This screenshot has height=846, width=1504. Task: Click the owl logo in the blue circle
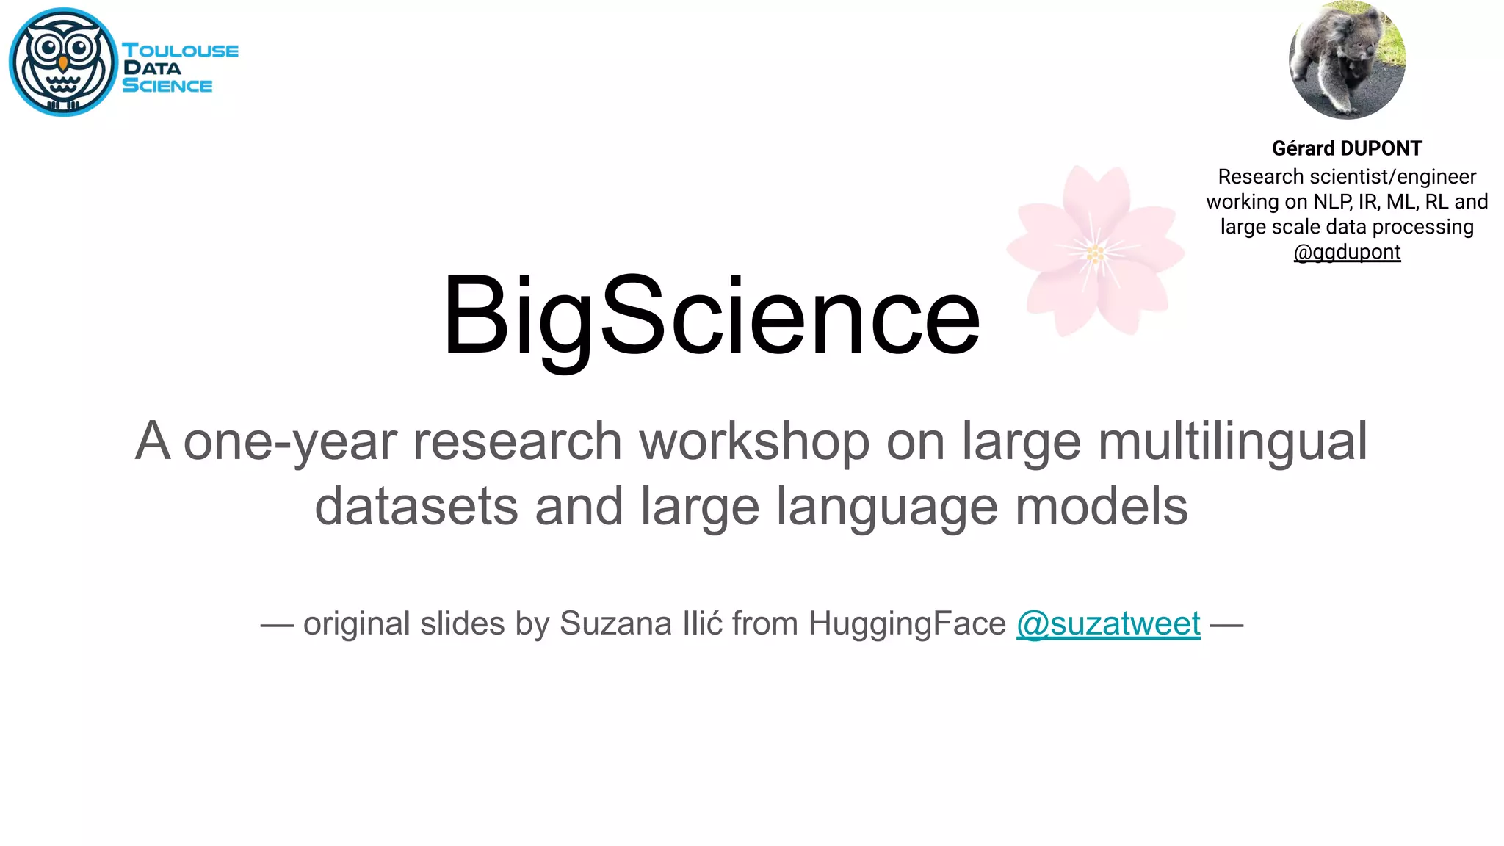(x=63, y=62)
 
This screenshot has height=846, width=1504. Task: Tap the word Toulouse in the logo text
(x=180, y=51)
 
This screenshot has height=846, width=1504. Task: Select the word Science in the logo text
(x=167, y=86)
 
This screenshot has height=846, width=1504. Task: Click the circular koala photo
(x=1347, y=60)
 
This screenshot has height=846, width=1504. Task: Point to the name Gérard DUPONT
(x=1347, y=148)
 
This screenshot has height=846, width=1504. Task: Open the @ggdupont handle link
(x=1347, y=252)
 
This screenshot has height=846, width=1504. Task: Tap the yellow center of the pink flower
(x=1095, y=254)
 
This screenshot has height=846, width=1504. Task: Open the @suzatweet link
(x=1108, y=623)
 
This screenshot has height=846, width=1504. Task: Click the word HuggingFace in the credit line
(x=907, y=623)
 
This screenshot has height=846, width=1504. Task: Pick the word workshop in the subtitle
(x=754, y=441)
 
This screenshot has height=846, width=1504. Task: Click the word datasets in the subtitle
(x=416, y=507)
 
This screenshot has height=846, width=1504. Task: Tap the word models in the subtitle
(x=1102, y=507)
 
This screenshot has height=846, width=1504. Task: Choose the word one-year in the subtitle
(x=289, y=441)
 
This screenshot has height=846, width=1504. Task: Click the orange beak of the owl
(x=63, y=64)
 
